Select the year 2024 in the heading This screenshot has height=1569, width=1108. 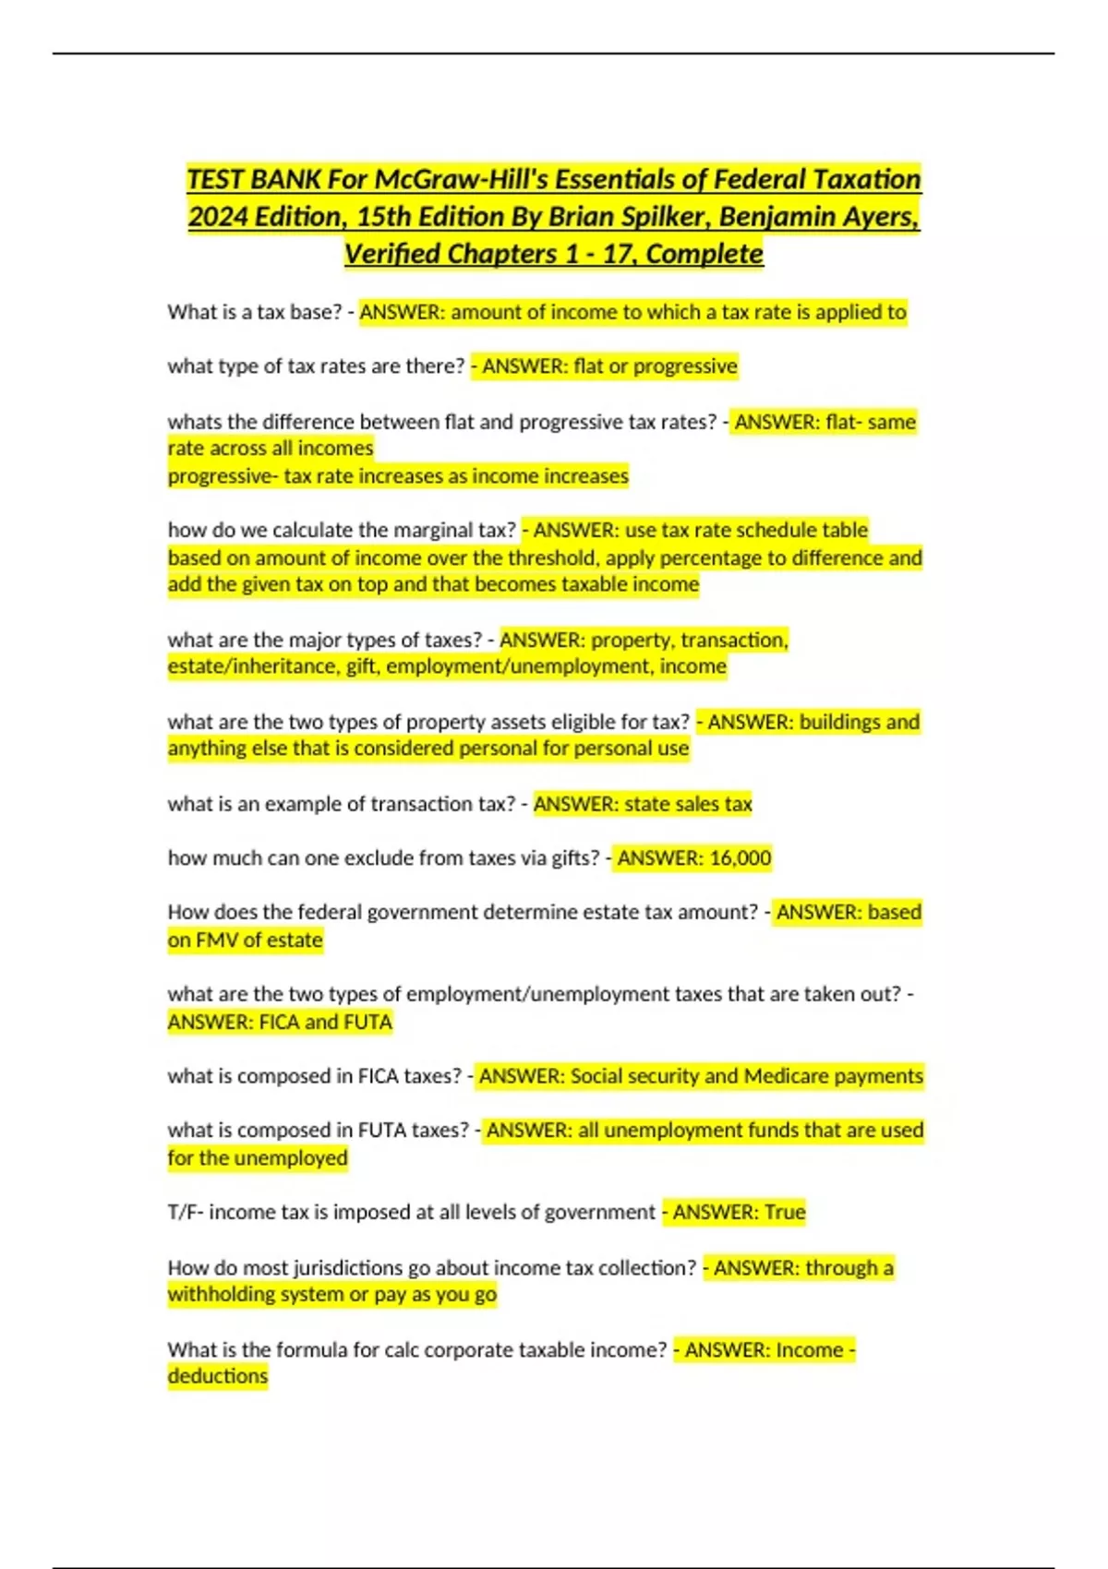point(218,217)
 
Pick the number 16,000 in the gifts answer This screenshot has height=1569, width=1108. point(740,858)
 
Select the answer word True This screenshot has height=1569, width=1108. point(784,1213)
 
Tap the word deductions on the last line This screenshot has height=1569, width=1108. point(218,1376)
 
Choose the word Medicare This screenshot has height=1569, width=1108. point(786,1076)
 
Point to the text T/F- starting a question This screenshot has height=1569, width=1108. point(186,1213)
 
